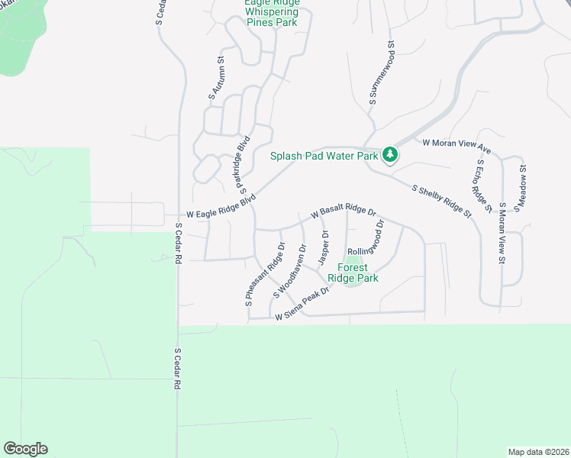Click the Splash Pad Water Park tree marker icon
[390, 155]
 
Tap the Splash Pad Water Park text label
[324, 156]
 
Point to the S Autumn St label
[217, 79]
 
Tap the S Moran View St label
[502, 234]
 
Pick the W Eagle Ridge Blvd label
[221, 208]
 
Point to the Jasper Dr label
[324, 249]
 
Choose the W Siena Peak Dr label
[303, 302]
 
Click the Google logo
[25, 449]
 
